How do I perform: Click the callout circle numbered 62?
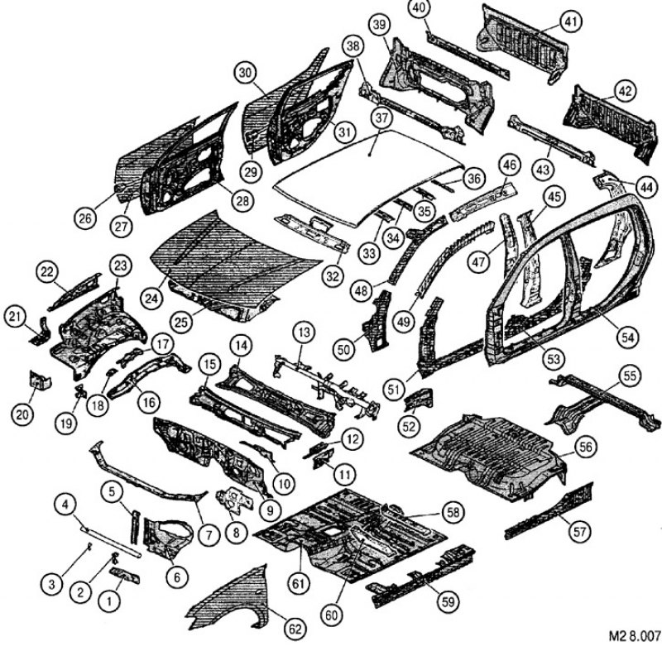click(x=295, y=629)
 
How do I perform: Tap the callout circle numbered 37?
click(x=381, y=118)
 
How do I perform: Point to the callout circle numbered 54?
click(x=628, y=337)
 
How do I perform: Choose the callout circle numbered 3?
click(x=51, y=585)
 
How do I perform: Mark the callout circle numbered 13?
click(x=305, y=332)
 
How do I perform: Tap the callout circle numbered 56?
click(x=586, y=447)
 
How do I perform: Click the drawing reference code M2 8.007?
click(x=635, y=635)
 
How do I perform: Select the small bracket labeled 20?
click(x=39, y=380)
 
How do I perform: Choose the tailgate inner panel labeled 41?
click(x=523, y=43)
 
